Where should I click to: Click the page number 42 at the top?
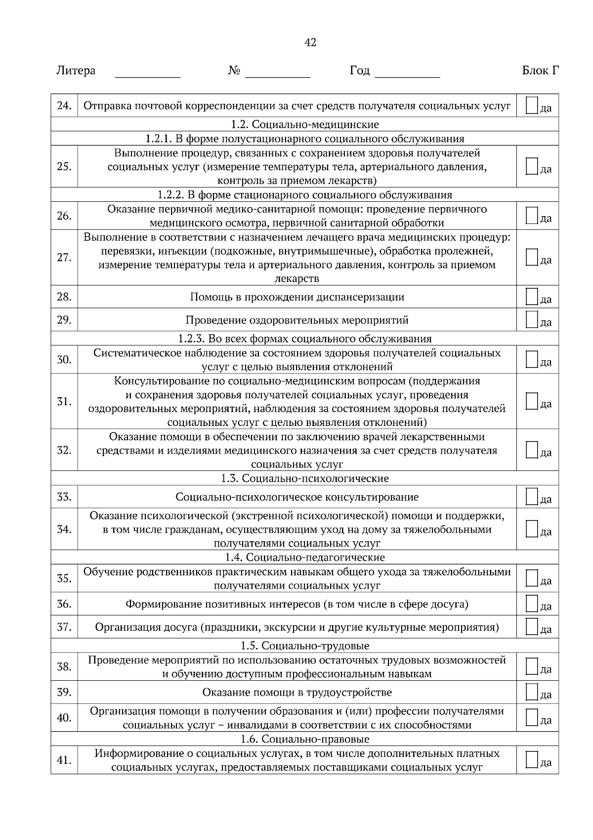pyautogui.click(x=310, y=43)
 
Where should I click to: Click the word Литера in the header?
pyautogui.click(x=76, y=71)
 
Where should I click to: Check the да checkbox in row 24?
pyautogui.click(x=531, y=105)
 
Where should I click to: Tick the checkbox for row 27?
pyautogui.click(x=531, y=257)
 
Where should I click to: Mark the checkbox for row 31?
pyautogui.click(x=531, y=401)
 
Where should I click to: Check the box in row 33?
pyautogui.click(x=531, y=497)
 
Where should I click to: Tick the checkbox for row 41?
pyautogui.click(x=531, y=760)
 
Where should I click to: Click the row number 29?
pyautogui.click(x=64, y=320)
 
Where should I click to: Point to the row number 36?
pyautogui.click(x=64, y=604)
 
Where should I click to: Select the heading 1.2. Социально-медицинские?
pyautogui.click(x=304, y=124)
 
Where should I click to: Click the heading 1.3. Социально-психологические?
pyautogui.click(x=304, y=478)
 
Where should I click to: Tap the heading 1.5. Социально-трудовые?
pyautogui.click(x=304, y=646)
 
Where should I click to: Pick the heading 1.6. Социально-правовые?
pyautogui.click(x=304, y=739)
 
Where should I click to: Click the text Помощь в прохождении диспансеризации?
pyautogui.click(x=297, y=297)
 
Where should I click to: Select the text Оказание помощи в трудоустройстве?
pyautogui.click(x=297, y=693)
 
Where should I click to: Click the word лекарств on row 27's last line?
pyautogui.click(x=297, y=279)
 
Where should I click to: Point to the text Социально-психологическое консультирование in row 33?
pyautogui.click(x=297, y=497)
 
